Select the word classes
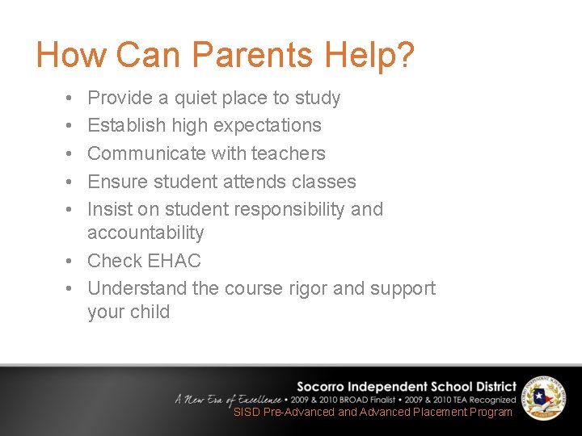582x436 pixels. (324, 182)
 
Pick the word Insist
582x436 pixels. (110, 209)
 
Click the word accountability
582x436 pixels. (145, 233)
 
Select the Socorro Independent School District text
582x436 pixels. (406, 387)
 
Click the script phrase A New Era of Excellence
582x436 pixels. (229, 399)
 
